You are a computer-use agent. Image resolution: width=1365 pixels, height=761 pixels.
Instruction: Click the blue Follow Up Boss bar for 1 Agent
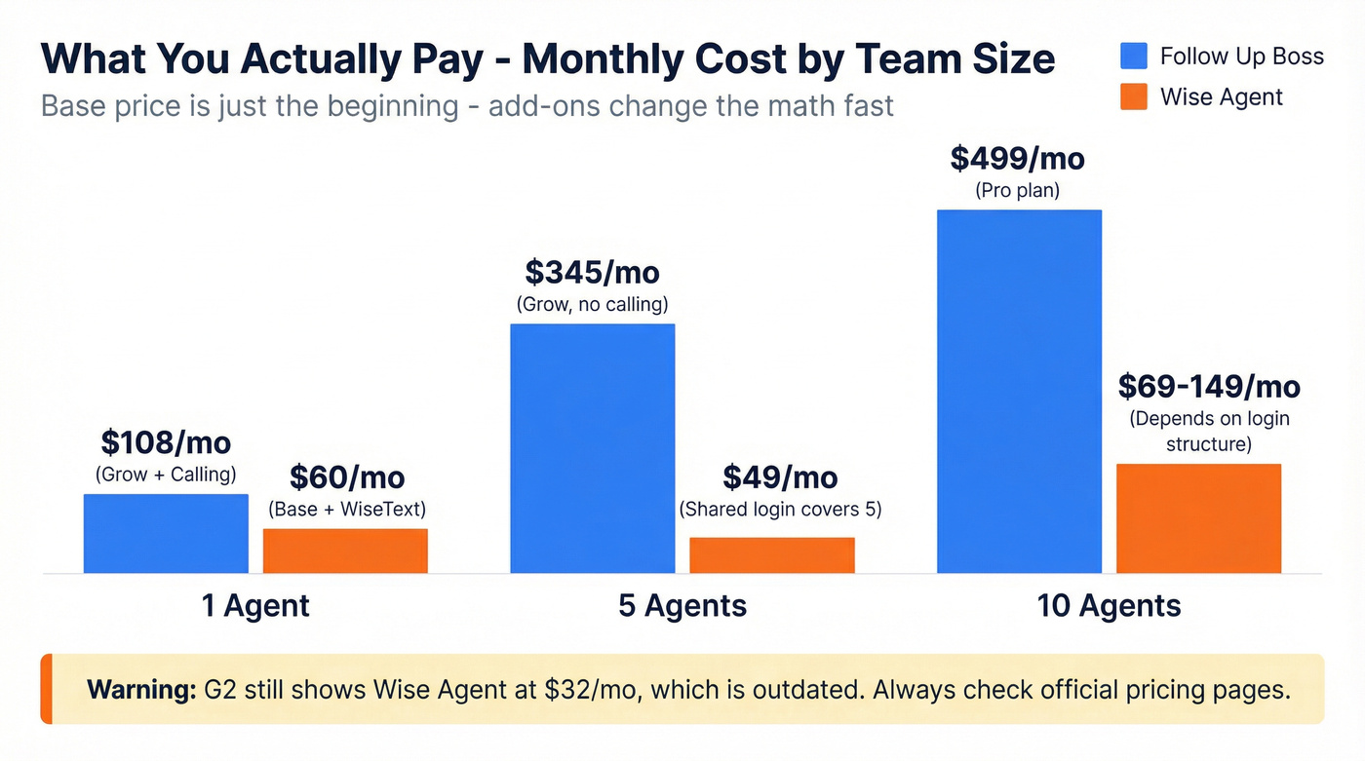pos(166,534)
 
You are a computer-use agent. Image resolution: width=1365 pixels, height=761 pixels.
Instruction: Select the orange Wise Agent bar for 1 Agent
pos(345,551)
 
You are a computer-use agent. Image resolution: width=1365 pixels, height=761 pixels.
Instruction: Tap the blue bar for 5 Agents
pos(593,448)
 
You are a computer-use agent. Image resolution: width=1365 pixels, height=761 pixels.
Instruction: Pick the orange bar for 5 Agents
pos(772,555)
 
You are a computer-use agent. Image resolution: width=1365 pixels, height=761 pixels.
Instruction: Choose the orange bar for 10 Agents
pos(1198,518)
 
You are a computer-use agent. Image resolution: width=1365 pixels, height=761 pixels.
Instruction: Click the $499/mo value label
pos(1017,158)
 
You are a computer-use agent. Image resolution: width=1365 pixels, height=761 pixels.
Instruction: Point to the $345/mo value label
pos(592,272)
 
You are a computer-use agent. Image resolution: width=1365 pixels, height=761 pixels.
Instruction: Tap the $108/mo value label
pos(166,442)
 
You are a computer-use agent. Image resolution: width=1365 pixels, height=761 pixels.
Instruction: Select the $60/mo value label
pos(346,477)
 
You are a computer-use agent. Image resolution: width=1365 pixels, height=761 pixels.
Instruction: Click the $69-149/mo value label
pos(1209,387)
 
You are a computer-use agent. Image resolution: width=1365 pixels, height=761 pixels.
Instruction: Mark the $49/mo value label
pos(780,477)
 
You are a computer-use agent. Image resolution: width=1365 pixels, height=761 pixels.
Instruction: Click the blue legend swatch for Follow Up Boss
pos(1134,56)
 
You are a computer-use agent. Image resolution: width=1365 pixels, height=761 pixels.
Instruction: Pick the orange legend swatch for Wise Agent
pos(1134,96)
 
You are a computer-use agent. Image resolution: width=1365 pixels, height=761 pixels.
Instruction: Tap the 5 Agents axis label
pos(682,606)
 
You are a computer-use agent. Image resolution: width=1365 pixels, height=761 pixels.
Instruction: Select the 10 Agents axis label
pos(1109,606)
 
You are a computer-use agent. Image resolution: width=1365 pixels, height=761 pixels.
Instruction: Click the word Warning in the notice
pos(142,690)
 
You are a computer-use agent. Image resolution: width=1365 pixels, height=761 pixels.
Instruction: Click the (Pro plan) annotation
pos(1017,191)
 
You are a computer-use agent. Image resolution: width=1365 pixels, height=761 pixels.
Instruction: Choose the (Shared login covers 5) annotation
pos(780,510)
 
